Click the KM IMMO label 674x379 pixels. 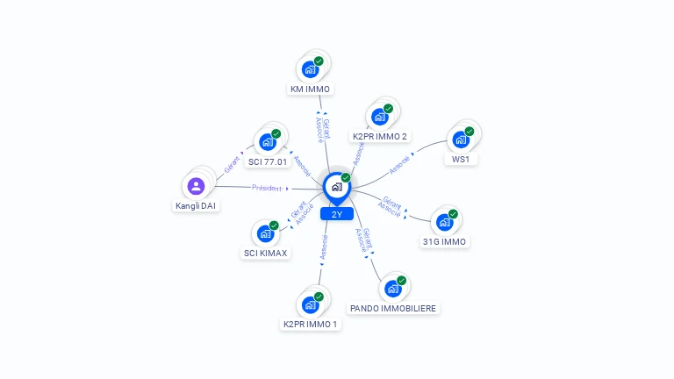311,89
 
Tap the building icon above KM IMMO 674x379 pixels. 310,68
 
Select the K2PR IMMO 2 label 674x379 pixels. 380,136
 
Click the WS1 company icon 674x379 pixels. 460,139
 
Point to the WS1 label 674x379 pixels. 461,160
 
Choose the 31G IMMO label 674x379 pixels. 445,241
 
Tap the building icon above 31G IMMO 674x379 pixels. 444,221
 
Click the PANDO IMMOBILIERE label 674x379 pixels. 393,308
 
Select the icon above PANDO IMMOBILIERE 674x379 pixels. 392,288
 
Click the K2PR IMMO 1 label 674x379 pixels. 310,324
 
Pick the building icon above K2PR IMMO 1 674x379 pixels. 310,304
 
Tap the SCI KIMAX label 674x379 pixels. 265,254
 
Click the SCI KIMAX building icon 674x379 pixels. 265,233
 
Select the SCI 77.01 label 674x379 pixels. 268,161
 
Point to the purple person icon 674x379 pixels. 196,186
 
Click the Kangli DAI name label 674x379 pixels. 196,206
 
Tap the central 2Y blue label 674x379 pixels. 337,214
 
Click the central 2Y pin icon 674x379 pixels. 336,187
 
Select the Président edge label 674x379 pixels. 267,188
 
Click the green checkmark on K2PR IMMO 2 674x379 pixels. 388,109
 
